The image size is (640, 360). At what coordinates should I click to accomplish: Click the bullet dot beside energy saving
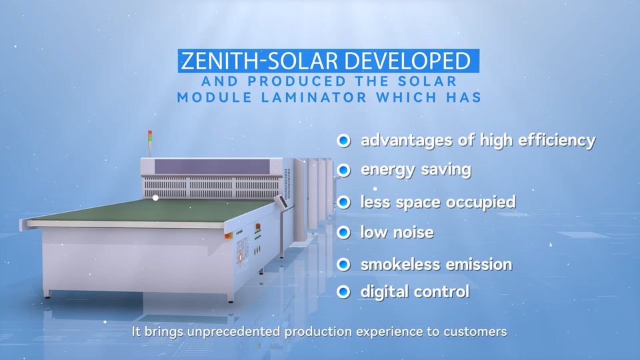pos(344,170)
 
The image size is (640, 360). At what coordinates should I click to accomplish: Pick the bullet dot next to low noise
pos(344,233)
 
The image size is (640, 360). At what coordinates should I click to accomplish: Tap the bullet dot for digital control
pos(344,292)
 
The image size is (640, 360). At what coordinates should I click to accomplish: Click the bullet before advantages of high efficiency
pos(344,141)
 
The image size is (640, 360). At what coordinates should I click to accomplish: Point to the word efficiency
pos(557,141)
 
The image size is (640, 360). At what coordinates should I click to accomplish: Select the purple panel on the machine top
pos(212,167)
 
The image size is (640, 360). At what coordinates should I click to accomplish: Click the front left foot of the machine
pos(48,293)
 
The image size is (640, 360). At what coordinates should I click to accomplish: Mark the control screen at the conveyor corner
pos(280,201)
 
